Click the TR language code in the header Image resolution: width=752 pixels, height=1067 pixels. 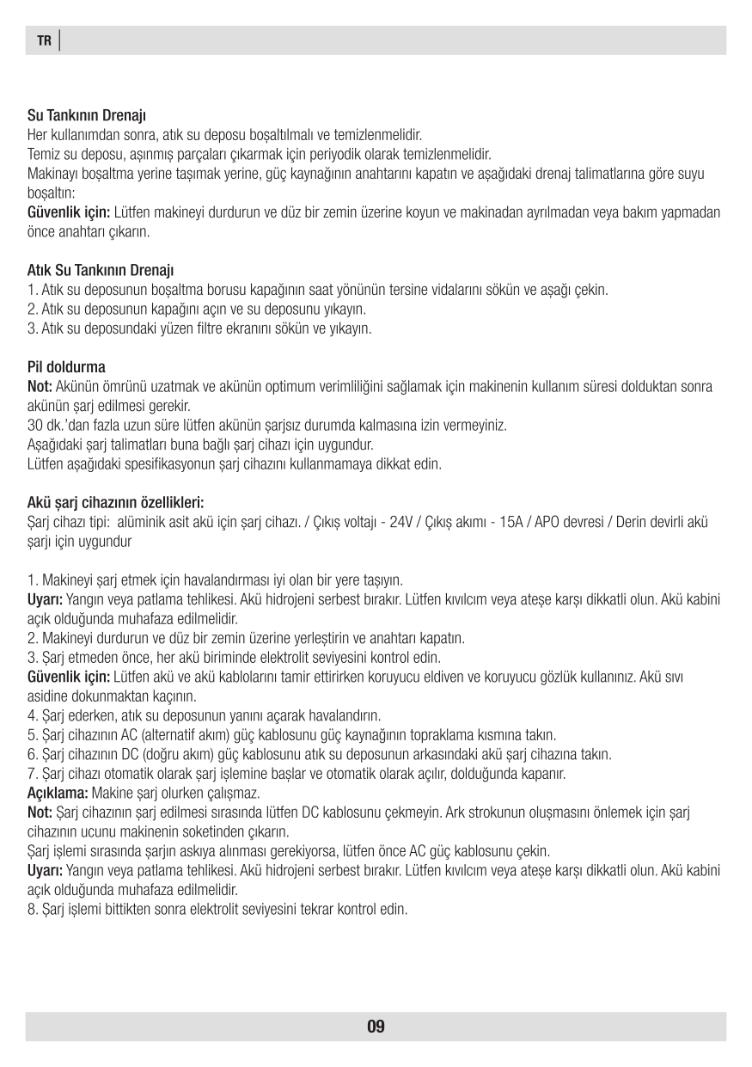point(44,40)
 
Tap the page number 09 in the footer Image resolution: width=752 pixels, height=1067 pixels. point(376,1026)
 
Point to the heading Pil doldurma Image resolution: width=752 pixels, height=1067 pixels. point(66,367)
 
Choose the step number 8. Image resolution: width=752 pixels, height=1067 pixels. point(32,909)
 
